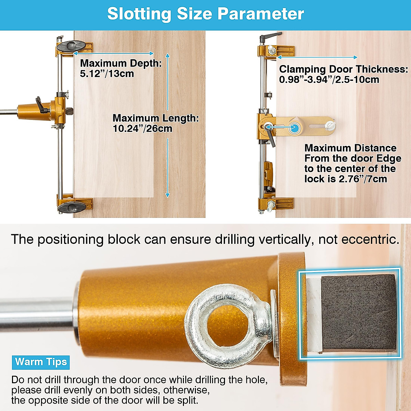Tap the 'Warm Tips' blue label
pyautogui.click(x=41, y=362)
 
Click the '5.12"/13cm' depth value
pyautogui.click(x=107, y=74)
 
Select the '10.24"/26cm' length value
pyautogui.click(x=142, y=129)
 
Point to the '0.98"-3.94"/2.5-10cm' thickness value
pyautogui.click(x=329, y=80)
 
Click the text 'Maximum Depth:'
pyautogui.click(x=121, y=63)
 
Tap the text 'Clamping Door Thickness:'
pyautogui.click(x=343, y=69)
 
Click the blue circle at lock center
pyautogui.click(x=294, y=128)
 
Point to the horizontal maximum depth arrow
pyautogui.click(x=113, y=53)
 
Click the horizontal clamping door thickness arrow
pyautogui.click(x=317, y=57)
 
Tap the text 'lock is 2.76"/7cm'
pyautogui.click(x=345, y=179)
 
